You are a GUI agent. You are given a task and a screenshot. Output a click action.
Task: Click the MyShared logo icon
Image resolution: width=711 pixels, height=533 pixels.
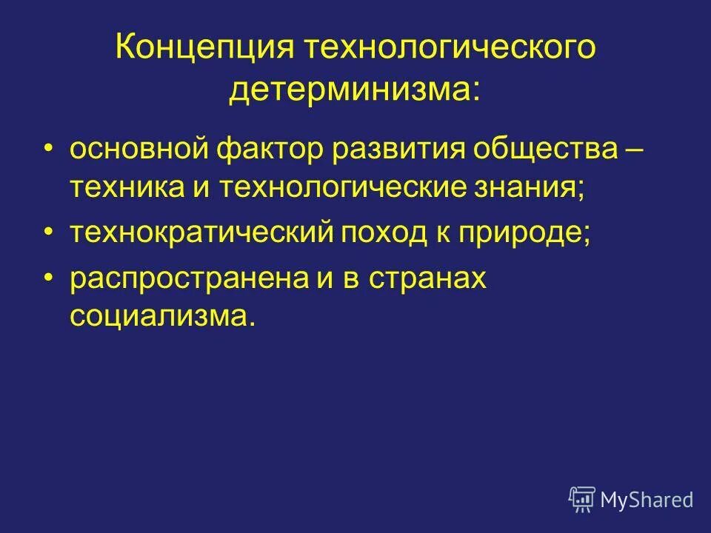click(582, 499)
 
